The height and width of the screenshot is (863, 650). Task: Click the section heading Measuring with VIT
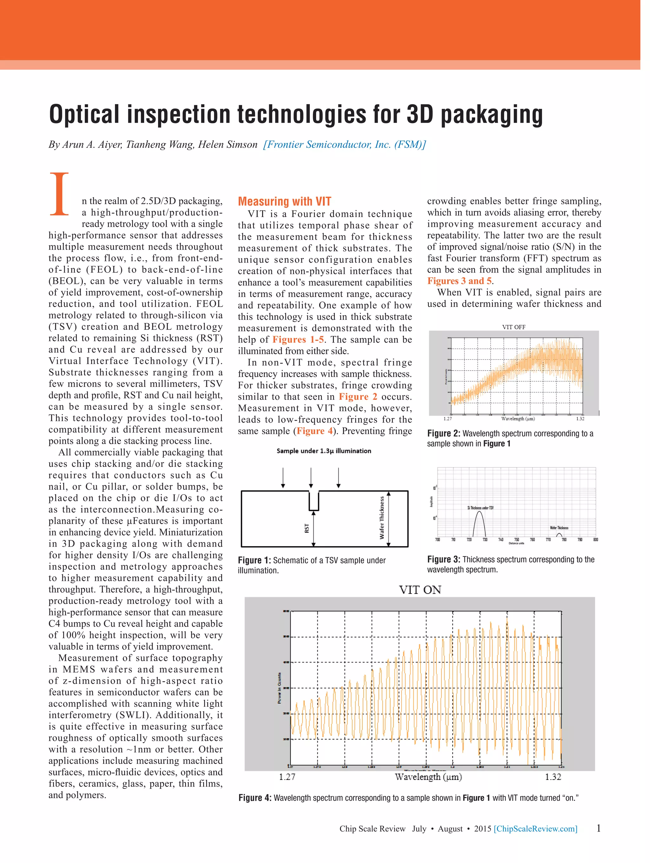[284, 201]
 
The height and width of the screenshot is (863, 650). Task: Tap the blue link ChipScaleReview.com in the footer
[535, 828]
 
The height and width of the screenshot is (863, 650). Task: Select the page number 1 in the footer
[599, 827]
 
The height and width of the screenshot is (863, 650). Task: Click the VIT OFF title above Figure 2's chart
[514, 327]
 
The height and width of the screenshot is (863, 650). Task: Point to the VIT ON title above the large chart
[420, 590]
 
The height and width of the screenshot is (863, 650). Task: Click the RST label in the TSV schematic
[307, 528]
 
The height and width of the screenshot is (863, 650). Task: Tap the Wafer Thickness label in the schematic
[381, 518]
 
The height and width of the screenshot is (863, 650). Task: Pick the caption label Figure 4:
[255, 798]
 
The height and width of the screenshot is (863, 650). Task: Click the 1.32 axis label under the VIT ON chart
[553, 777]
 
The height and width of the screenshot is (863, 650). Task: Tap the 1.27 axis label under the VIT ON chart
[287, 777]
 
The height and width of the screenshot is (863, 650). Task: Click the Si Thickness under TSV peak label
[480, 508]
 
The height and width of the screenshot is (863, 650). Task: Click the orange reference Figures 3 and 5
[459, 281]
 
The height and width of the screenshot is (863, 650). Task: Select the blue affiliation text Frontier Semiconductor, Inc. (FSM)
[344, 145]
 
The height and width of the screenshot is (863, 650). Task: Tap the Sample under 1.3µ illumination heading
[324, 451]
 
